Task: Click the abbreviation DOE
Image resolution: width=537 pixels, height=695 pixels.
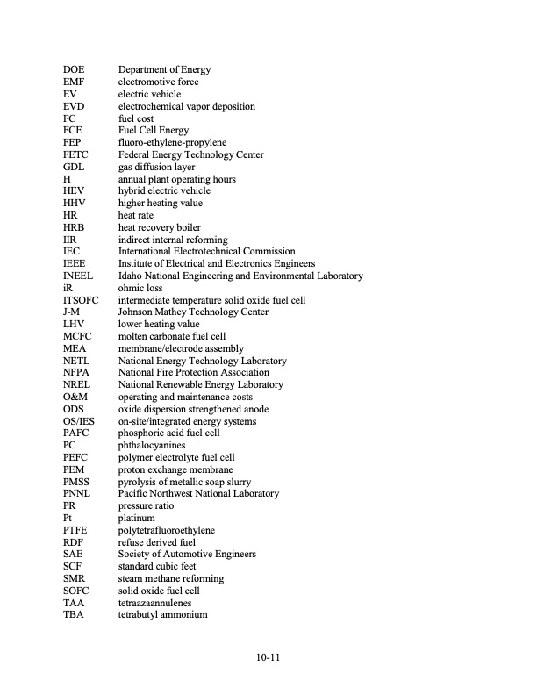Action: (73, 69)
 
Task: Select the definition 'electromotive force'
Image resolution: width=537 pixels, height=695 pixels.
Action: (158, 82)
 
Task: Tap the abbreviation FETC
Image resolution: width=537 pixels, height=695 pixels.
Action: (75, 154)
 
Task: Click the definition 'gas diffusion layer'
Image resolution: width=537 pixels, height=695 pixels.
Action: (156, 167)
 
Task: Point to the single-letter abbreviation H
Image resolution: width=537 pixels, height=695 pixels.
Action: (67, 179)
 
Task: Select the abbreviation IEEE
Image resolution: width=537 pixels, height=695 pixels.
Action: (75, 263)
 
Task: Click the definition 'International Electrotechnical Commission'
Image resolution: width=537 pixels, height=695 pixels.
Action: (206, 251)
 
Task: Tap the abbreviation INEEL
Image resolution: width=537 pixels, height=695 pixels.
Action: (78, 276)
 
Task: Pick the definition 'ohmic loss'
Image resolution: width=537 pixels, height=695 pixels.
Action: (140, 288)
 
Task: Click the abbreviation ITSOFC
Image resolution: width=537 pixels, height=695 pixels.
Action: (82, 300)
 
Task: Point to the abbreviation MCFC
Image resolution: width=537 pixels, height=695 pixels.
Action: (77, 336)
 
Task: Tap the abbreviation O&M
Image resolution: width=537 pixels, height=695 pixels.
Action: (75, 397)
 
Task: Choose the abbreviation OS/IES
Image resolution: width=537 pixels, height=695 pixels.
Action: (79, 421)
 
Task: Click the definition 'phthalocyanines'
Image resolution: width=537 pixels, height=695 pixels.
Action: (152, 445)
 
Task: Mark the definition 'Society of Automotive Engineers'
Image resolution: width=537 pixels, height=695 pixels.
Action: (187, 554)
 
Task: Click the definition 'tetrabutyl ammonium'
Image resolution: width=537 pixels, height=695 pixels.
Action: (162, 614)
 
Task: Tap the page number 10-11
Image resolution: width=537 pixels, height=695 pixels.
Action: (268, 656)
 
